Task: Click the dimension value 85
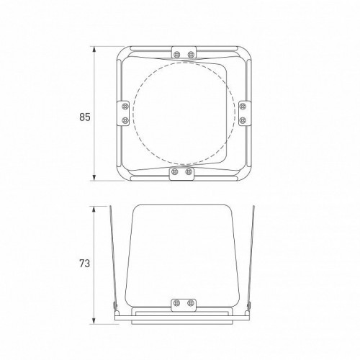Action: click(85, 117)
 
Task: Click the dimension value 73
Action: click(84, 264)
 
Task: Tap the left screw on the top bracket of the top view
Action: click(177, 55)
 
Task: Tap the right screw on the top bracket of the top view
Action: click(191, 55)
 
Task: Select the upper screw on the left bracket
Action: click(125, 106)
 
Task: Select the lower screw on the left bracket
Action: click(125, 120)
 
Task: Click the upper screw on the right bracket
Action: click(243, 106)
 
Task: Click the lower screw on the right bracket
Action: click(243, 120)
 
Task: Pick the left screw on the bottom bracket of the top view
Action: click(175, 171)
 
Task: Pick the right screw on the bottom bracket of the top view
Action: click(189, 171)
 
